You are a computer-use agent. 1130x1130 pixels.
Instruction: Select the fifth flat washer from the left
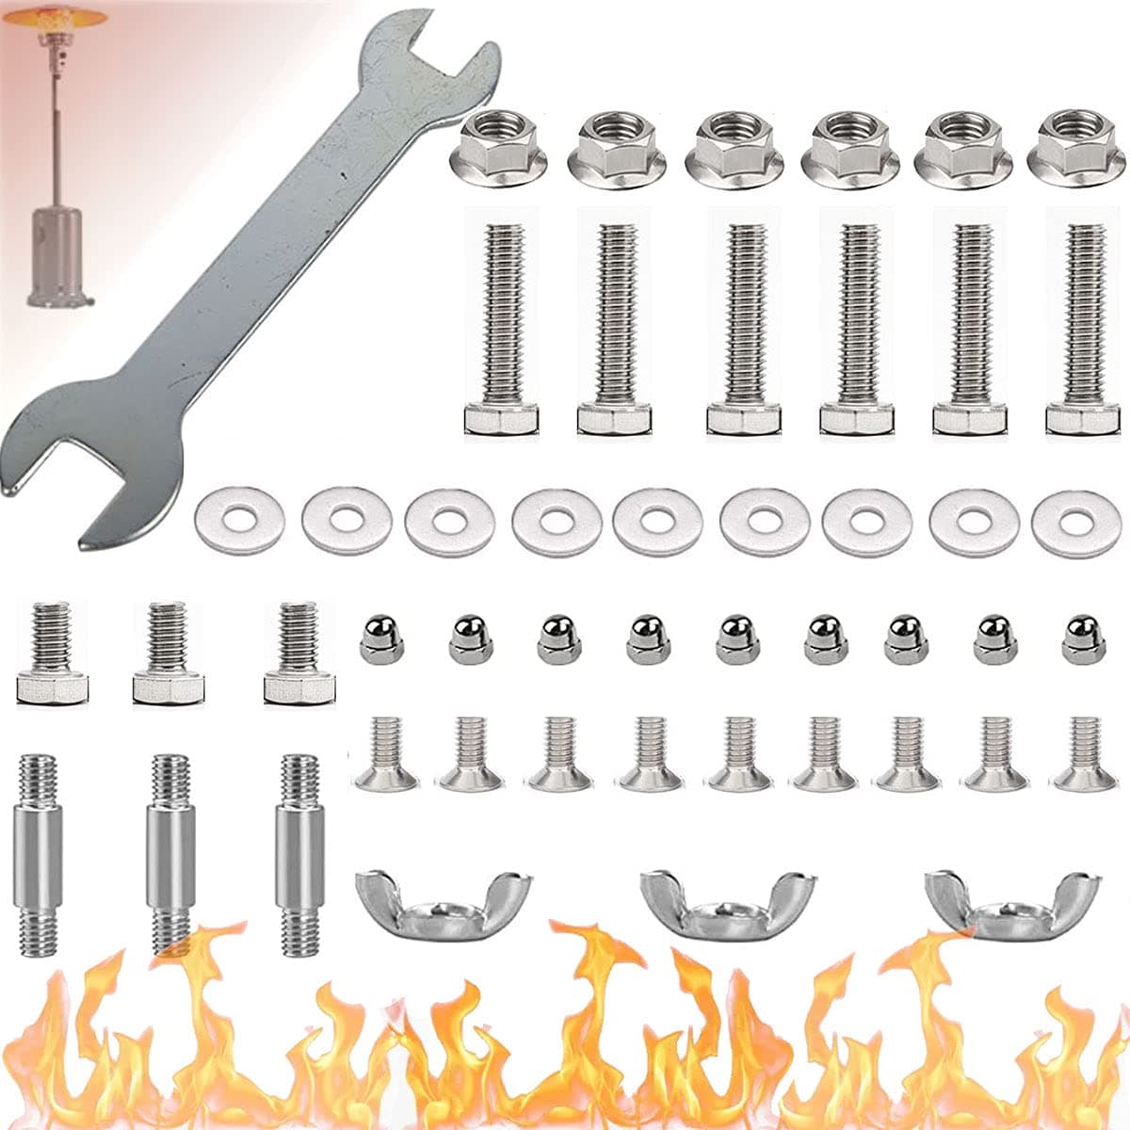click(x=657, y=520)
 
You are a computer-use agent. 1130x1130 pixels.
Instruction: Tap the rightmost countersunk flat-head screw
click(x=1084, y=754)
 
